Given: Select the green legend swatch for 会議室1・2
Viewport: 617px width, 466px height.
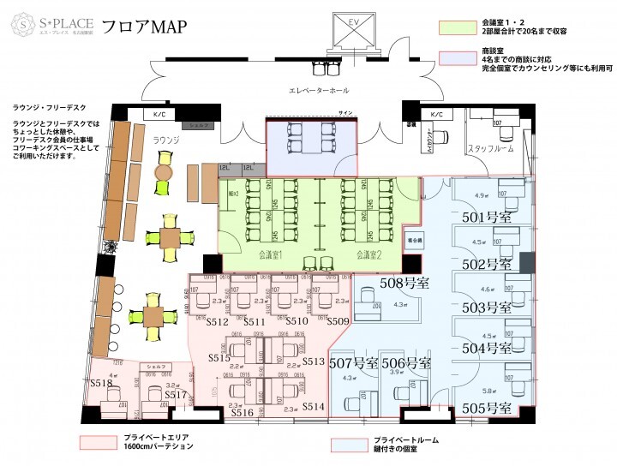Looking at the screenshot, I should click(x=456, y=27).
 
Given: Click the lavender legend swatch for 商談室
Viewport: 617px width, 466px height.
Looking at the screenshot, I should click(x=456, y=57).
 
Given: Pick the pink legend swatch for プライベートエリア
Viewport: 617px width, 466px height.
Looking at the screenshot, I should click(x=100, y=442).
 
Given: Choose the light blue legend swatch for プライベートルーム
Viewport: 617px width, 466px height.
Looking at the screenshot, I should click(x=351, y=445).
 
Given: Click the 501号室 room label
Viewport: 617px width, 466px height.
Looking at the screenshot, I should click(x=486, y=218).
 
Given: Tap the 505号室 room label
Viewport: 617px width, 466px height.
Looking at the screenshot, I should click(x=486, y=407).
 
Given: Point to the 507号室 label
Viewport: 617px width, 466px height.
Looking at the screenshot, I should click(x=353, y=363).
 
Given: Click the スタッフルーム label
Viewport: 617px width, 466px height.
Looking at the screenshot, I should click(x=490, y=149).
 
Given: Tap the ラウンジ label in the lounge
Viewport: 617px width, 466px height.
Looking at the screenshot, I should click(x=164, y=140).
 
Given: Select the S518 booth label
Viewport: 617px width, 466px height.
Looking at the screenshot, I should click(x=101, y=383).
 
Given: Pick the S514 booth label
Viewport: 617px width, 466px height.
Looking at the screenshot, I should click(x=313, y=406).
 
